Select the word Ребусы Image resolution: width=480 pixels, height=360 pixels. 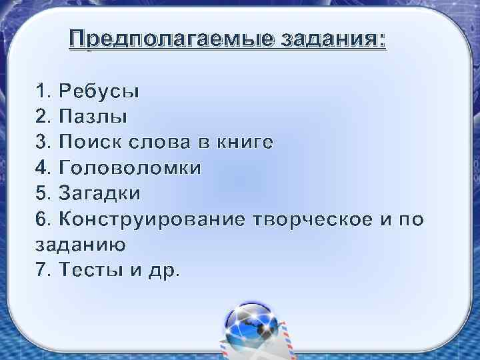point(99,91)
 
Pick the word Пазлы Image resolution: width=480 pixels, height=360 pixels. point(93,117)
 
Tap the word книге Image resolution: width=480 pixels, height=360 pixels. point(242,142)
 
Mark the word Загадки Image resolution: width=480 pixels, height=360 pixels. point(100,194)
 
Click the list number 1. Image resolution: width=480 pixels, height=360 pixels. point(41,91)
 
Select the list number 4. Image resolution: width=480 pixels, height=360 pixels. point(41,168)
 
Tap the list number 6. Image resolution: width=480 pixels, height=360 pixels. point(41,219)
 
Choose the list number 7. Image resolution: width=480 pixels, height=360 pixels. point(41,271)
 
